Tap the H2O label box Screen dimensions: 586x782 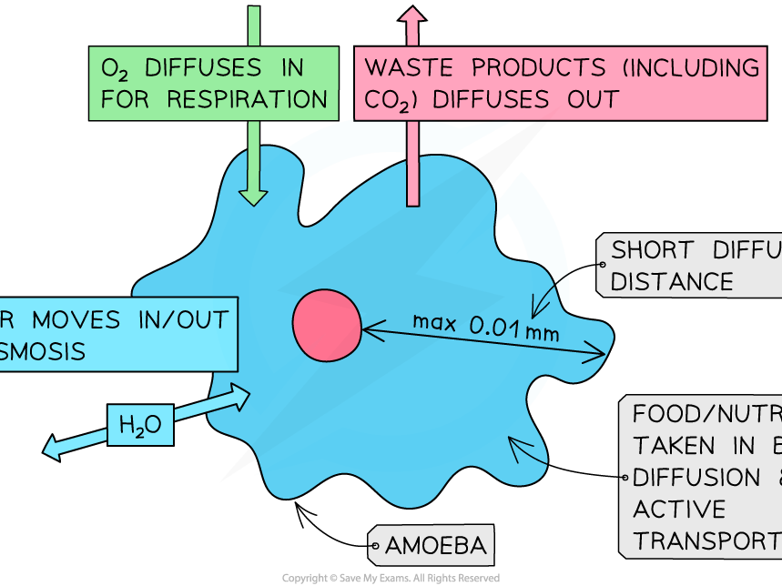(140, 424)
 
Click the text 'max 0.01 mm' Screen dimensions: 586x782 (485, 325)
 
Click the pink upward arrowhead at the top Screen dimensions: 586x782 (412, 15)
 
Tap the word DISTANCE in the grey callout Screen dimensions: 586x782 (671, 282)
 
